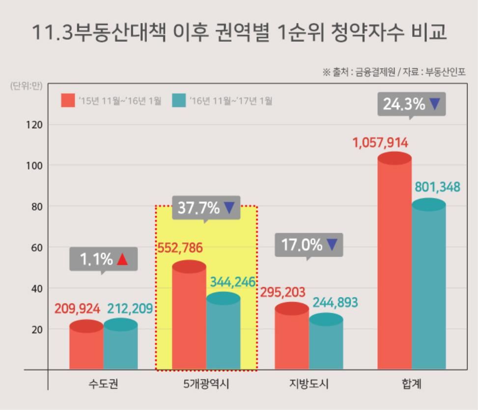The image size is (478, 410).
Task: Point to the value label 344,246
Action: coord(233,282)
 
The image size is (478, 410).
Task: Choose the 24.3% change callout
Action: coord(411,104)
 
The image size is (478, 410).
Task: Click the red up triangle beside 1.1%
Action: coord(123,260)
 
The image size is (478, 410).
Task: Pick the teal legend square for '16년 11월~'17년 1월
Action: coord(179,101)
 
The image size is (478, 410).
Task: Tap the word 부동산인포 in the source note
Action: coord(445,72)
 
